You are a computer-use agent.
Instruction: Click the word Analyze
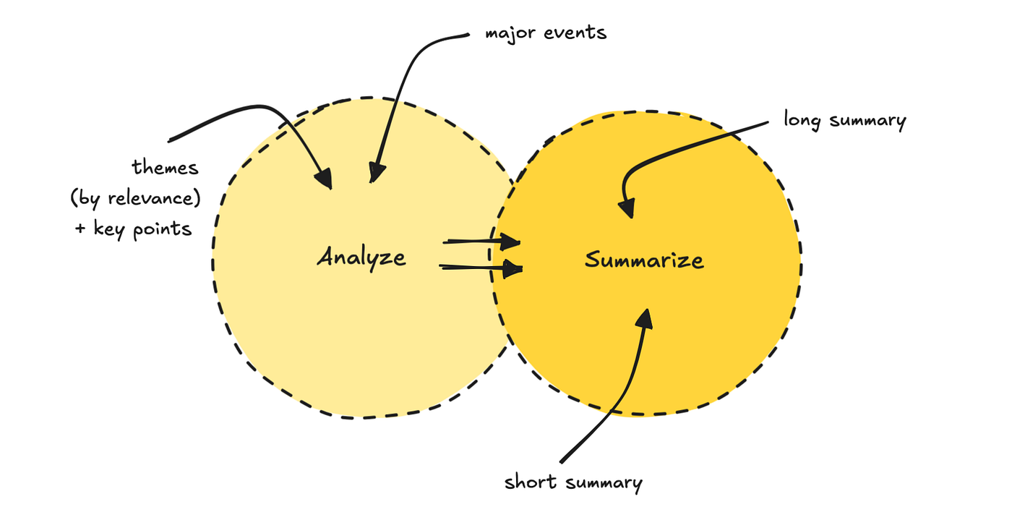pos(361,257)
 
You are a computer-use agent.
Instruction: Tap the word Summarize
pos(643,260)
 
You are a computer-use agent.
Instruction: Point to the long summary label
pos(844,120)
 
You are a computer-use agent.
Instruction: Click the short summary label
pos(573,482)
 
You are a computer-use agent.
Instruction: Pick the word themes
pos(165,168)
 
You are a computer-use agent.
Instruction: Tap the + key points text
pos(134,229)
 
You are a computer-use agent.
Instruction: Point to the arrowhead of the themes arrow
pos(325,178)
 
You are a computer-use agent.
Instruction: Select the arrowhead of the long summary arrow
pos(627,209)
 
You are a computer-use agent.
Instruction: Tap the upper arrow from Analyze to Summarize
pos(481,241)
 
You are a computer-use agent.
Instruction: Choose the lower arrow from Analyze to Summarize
pos(481,268)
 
